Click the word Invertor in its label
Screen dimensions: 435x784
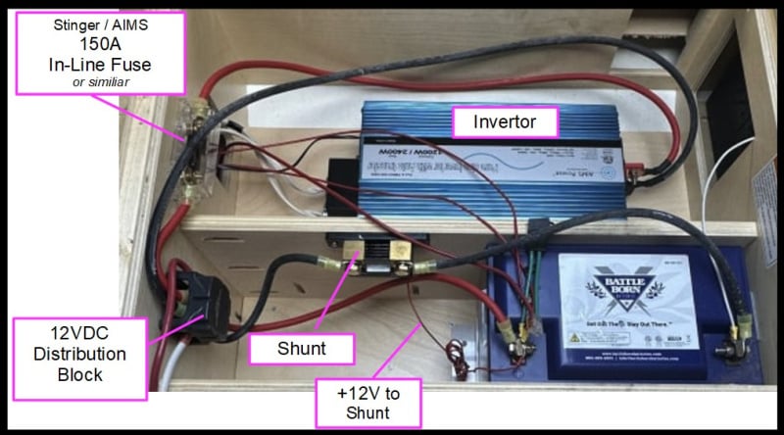(505, 122)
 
